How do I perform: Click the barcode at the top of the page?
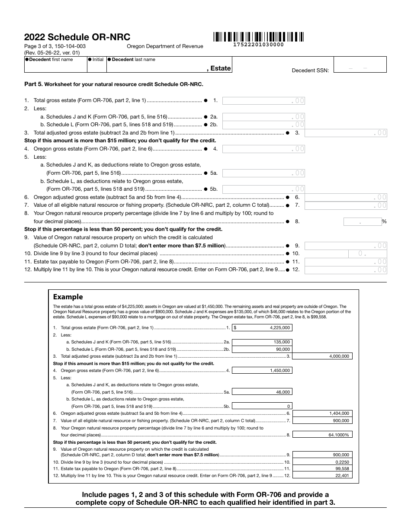[x=258, y=36]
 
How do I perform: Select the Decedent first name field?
[x=56, y=64]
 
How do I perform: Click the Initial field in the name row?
[x=96, y=64]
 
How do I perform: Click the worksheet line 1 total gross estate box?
[x=263, y=100]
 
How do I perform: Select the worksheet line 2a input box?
[x=263, y=117]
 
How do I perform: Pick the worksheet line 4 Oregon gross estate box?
[x=263, y=149]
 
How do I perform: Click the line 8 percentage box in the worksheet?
[x=362, y=221]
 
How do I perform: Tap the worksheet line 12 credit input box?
[x=346, y=270]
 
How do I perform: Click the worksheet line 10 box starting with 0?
[x=346, y=253]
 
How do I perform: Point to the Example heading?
[x=67, y=297]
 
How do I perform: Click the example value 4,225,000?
[x=262, y=328]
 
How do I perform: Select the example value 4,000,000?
[x=322, y=356]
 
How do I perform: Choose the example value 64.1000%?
[x=322, y=435]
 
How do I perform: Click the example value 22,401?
[x=322, y=475]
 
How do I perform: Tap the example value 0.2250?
[x=322, y=461]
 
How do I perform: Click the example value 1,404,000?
[x=322, y=413]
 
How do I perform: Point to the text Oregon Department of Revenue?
[x=165, y=46]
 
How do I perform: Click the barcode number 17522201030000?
[x=258, y=45]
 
